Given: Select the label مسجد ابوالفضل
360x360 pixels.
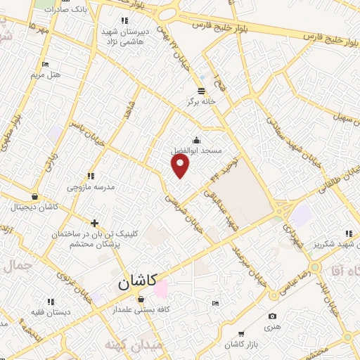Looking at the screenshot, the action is pos(197,150).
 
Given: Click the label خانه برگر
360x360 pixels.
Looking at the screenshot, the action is pos(201,101).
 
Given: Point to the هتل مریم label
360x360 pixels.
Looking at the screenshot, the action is pos(47,75).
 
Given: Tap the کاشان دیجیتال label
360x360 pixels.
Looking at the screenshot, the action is pos(34,207).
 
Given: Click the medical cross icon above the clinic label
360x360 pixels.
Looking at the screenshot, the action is pos(94,223).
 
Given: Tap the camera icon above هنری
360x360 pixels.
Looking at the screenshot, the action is pos(272,316).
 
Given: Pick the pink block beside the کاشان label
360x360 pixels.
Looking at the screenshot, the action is pos(161,289).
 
